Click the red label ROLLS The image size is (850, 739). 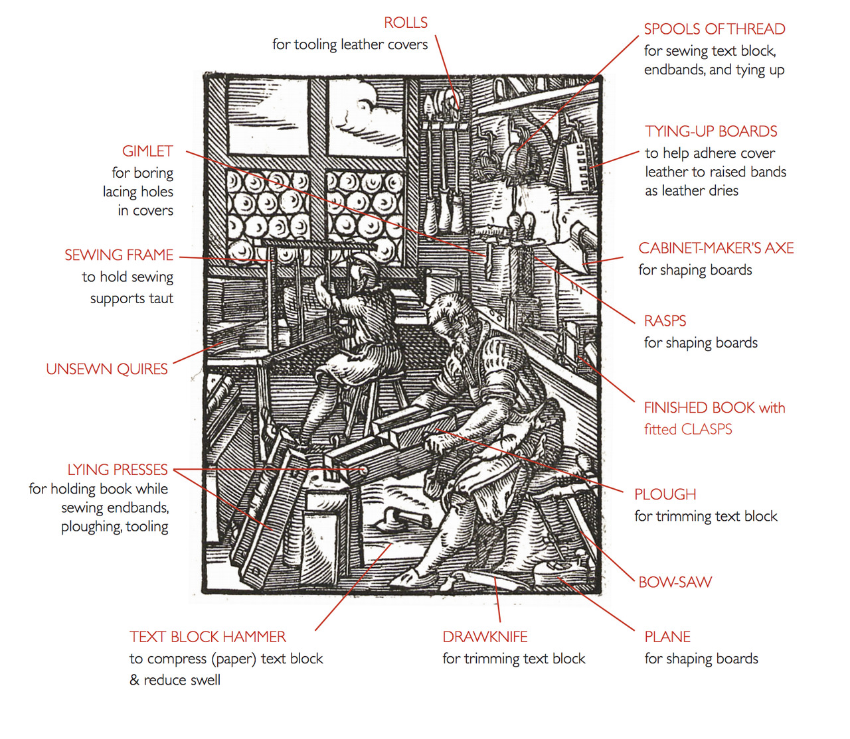point(406,23)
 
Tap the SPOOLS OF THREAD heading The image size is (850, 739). point(715,29)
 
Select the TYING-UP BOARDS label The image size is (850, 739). point(711,131)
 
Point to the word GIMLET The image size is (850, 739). point(147,151)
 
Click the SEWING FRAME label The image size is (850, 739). point(119,255)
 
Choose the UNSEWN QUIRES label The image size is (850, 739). point(107,369)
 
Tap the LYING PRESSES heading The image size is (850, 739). point(118,470)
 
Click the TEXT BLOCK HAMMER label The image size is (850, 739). point(208,637)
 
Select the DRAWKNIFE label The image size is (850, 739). point(485,637)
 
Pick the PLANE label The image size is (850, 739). point(667,637)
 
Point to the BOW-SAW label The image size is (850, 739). point(675,582)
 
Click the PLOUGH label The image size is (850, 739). point(665,495)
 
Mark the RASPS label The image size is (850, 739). point(665,321)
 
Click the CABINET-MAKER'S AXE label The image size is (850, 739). point(716,248)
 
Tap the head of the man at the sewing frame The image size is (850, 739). point(361,269)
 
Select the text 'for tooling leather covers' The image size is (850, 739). point(350,44)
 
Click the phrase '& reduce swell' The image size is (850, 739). point(175,680)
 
